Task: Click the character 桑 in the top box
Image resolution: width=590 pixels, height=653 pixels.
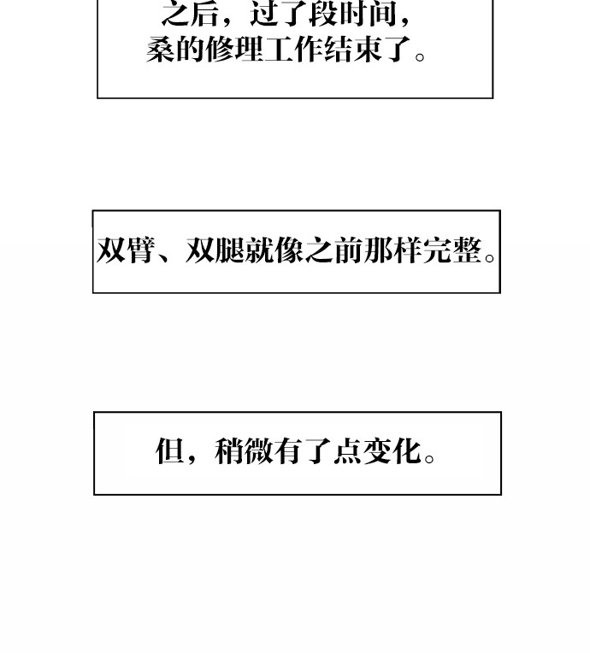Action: click(x=161, y=50)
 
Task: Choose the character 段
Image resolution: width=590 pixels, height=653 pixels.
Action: click(x=324, y=14)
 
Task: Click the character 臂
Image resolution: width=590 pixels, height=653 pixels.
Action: click(x=140, y=250)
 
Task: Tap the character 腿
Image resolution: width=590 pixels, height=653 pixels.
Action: click(x=229, y=250)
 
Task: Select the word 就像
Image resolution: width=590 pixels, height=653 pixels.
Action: click(x=274, y=250)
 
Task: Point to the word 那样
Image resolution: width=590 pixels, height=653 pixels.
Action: click(x=392, y=250)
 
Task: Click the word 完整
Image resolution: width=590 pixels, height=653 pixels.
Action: click(x=451, y=250)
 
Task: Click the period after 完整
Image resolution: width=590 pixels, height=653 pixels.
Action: click(x=490, y=258)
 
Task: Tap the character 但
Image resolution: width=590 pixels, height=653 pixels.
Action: click(x=169, y=451)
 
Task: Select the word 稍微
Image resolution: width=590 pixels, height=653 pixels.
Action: click(x=244, y=451)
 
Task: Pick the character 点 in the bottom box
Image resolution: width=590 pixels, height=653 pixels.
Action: click(x=346, y=451)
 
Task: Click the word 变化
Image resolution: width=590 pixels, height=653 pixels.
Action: click(x=392, y=451)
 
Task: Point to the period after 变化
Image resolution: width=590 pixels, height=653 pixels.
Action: click(x=429, y=458)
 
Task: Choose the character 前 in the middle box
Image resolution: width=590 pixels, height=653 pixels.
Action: click(x=347, y=250)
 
